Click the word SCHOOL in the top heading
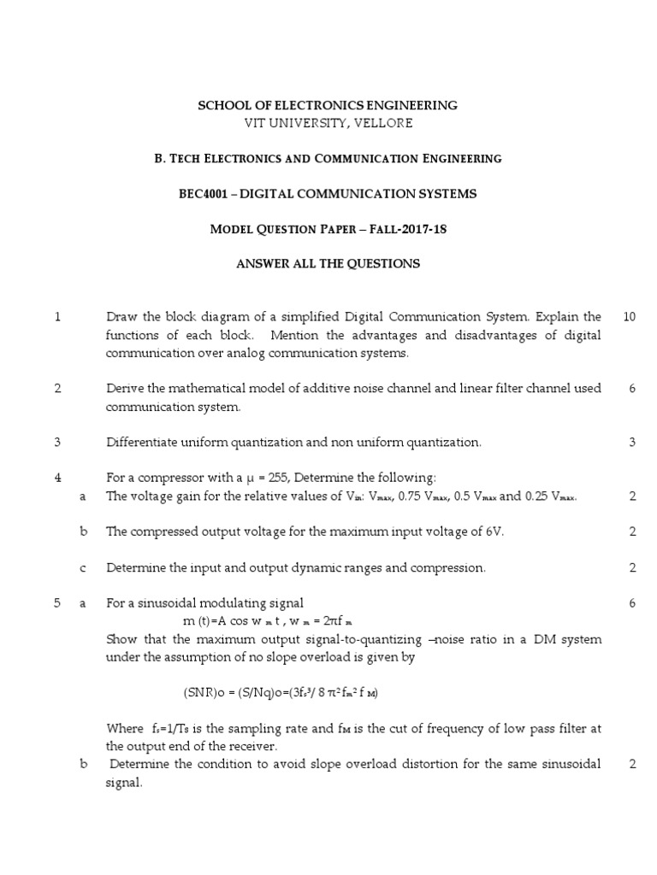click(x=222, y=105)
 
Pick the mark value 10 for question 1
click(x=630, y=317)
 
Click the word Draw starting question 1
click(x=121, y=317)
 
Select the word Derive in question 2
click(x=124, y=389)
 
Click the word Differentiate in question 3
click(x=140, y=443)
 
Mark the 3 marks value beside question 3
click(x=631, y=443)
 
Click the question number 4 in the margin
click(x=56, y=478)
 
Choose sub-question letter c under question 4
click(x=83, y=567)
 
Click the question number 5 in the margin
click(x=56, y=603)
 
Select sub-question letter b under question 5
click(x=83, y=764)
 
